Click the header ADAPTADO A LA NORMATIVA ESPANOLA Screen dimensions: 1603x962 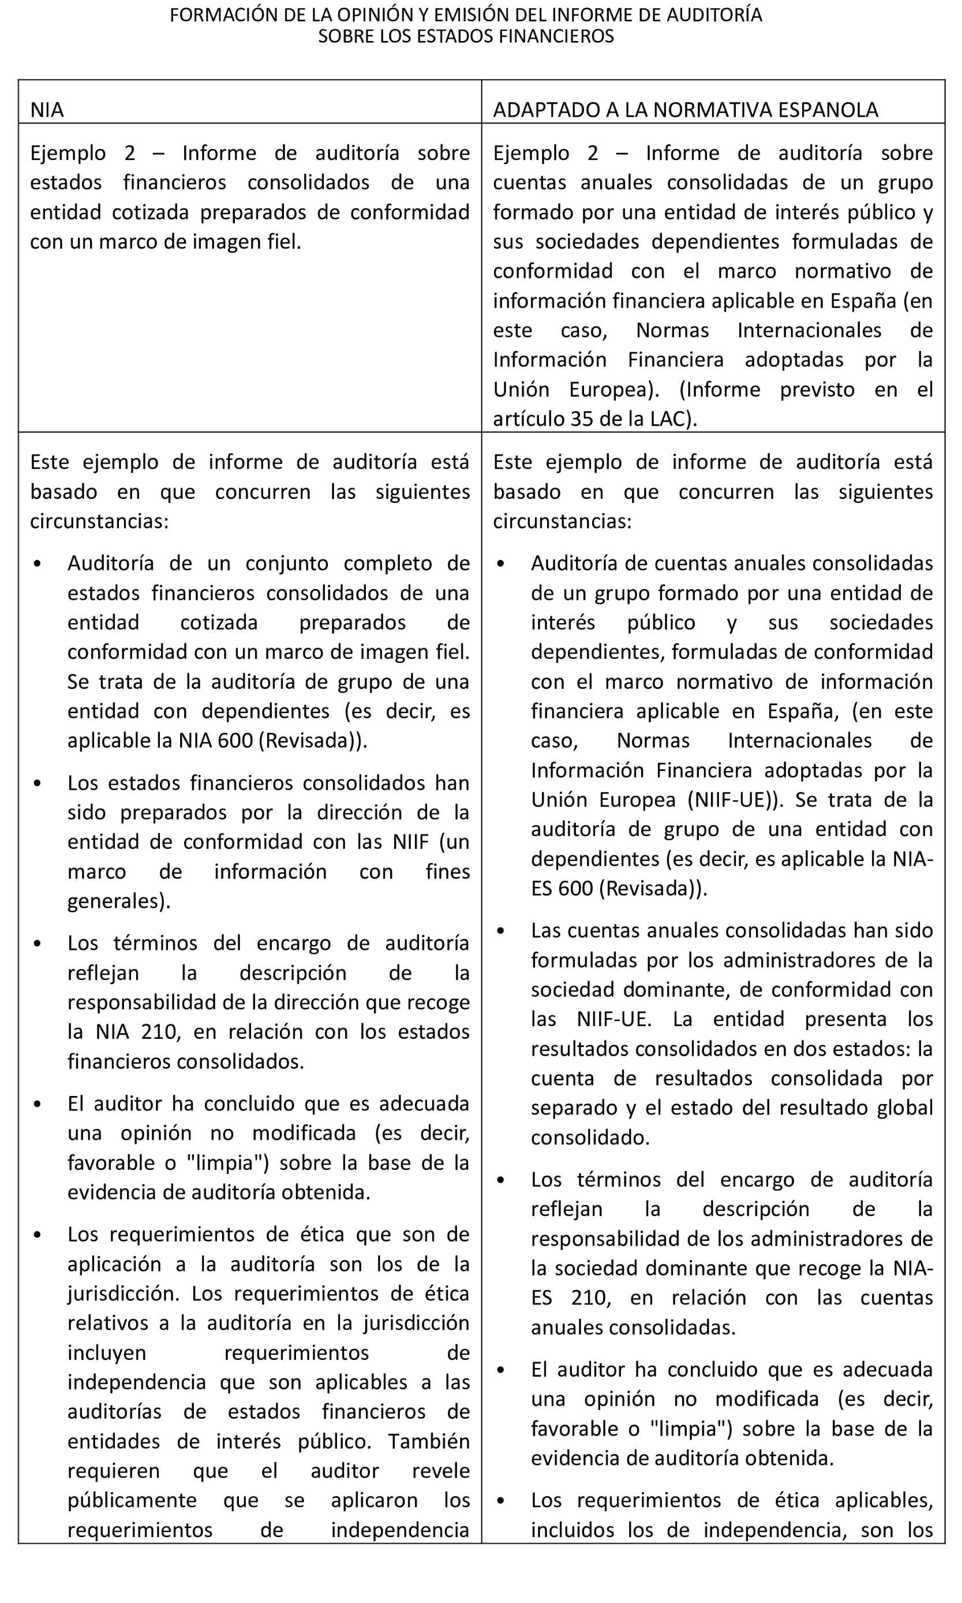coord(685,110)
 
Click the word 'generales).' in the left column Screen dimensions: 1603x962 coord(119,901)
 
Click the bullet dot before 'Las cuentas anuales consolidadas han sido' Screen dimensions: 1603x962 coord(500,930)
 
